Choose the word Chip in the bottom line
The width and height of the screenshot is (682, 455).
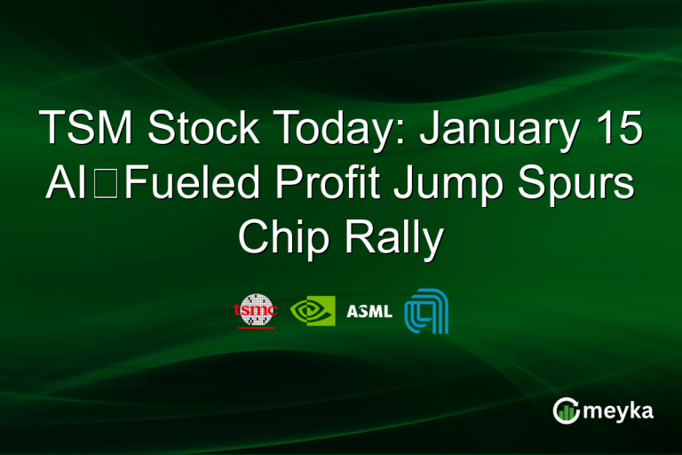tap(286, 236)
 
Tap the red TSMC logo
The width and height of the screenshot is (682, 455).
tap(255, 310)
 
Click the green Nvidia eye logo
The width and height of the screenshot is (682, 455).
tap(313, 310)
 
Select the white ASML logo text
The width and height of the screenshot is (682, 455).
tap(369, 311)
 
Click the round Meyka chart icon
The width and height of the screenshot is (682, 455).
tap(566, 411)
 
